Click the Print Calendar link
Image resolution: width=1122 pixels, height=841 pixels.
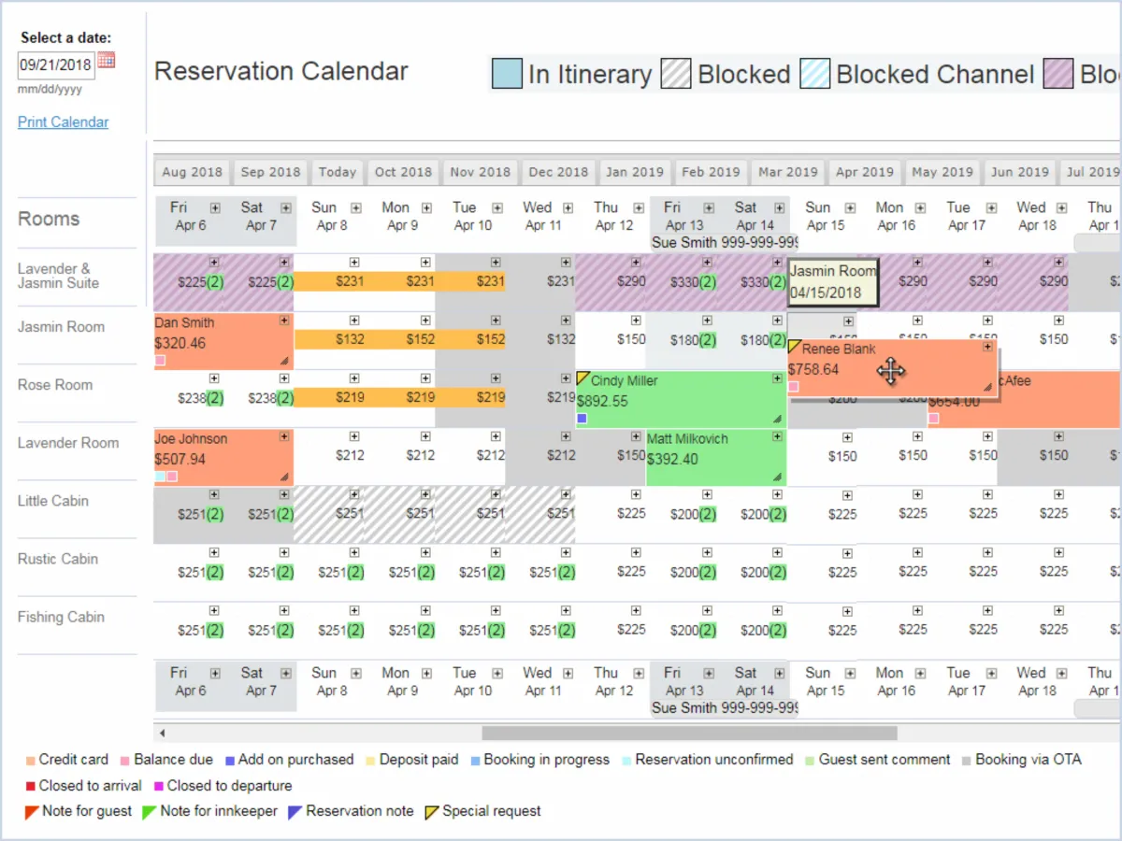[x=63, y=122]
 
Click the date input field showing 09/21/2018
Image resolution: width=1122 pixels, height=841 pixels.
[x=55, y=65]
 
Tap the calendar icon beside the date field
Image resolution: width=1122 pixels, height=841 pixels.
[x=107, y=61]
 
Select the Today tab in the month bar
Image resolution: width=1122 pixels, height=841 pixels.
[x=337, y=172]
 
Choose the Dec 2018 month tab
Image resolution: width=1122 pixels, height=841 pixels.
[x=558, y=172]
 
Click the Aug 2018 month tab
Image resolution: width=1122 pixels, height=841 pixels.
[x=192, y=172]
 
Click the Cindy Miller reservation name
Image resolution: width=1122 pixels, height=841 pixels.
[x=624, y=381]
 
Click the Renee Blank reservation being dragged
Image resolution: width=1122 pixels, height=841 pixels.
[x=839, y=349]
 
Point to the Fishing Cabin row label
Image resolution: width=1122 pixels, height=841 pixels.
[x=61, y=617]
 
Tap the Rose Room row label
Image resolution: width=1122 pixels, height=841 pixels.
[x=55, y=385]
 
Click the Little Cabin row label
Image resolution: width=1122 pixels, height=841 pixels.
[x=53, y=501]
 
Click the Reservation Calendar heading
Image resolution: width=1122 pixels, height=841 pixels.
[x=280, y=72]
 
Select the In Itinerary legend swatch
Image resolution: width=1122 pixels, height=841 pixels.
[x=507, y=74]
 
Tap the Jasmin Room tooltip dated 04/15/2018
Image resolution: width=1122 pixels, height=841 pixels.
[x=832, y=281]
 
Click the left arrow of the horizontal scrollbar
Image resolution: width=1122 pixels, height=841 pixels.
[x=163, y=734]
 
